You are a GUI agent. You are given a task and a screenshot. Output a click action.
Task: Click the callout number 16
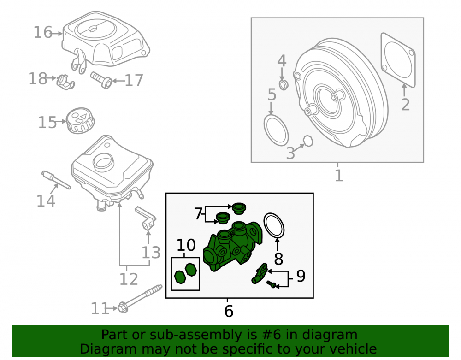coord(43,32)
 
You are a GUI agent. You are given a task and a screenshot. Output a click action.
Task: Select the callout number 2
coord(405,105)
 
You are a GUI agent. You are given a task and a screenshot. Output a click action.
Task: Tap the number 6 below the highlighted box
coord(229,311)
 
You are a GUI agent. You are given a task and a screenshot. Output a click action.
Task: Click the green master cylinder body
coord(232,246)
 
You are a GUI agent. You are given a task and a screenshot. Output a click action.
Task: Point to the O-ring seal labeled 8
coord(274,225)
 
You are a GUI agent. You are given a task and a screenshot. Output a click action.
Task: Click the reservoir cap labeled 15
coord(80,120)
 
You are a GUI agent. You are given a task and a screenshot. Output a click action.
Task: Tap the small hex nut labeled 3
coord(308,141)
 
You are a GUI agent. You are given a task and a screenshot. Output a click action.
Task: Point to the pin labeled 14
coord(56,180)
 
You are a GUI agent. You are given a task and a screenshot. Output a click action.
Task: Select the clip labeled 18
coord(65,82)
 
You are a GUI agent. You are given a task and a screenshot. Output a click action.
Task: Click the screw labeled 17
coord(101,80)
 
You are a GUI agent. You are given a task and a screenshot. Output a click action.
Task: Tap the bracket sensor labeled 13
coord(146,219)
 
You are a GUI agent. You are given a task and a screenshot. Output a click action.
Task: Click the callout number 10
coord(186,245)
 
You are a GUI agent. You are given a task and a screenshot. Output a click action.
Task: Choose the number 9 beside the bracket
coord(301,276)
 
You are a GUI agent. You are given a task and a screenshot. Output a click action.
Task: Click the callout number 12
coord(129,279)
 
